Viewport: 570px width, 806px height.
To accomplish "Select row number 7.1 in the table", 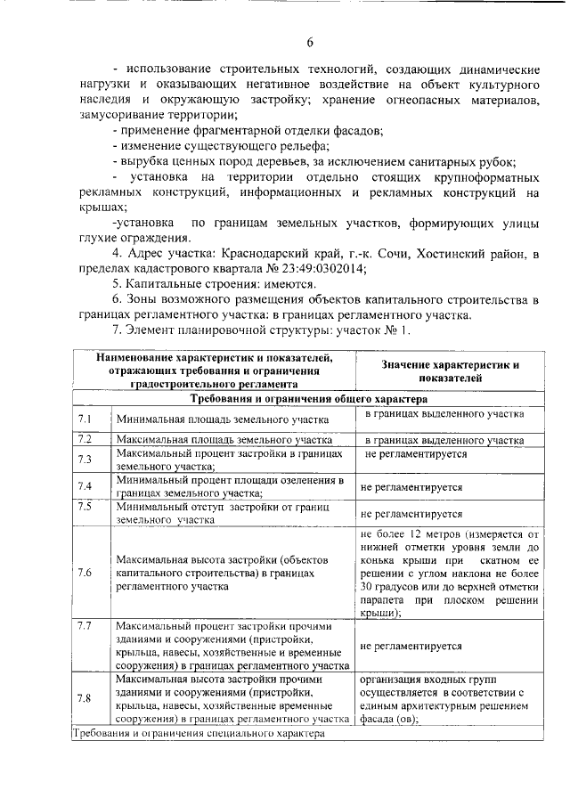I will pos(85,419).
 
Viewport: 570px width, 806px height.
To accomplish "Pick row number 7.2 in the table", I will pos(85,439).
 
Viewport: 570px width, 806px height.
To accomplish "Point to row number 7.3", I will pos(85,459).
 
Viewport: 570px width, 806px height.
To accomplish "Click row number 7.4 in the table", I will pos(85,486).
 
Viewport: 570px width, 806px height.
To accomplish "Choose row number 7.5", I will pos(85,507).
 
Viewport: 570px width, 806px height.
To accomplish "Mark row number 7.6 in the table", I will pos(85,572).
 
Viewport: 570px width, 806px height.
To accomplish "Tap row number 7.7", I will pos(85,626).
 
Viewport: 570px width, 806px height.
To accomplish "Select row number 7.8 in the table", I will pos(85,697).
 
